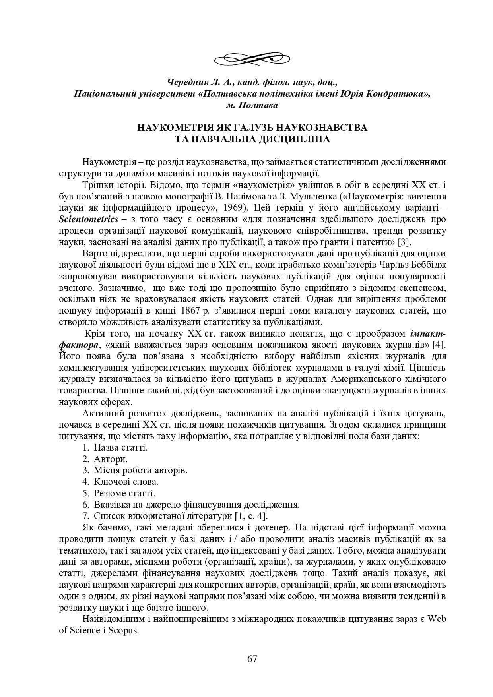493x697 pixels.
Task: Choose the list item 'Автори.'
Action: (x=111, y=459)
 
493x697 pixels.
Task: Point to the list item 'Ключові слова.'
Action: (x=126, y=482)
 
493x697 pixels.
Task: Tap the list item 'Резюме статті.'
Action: (x=124, y=494)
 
